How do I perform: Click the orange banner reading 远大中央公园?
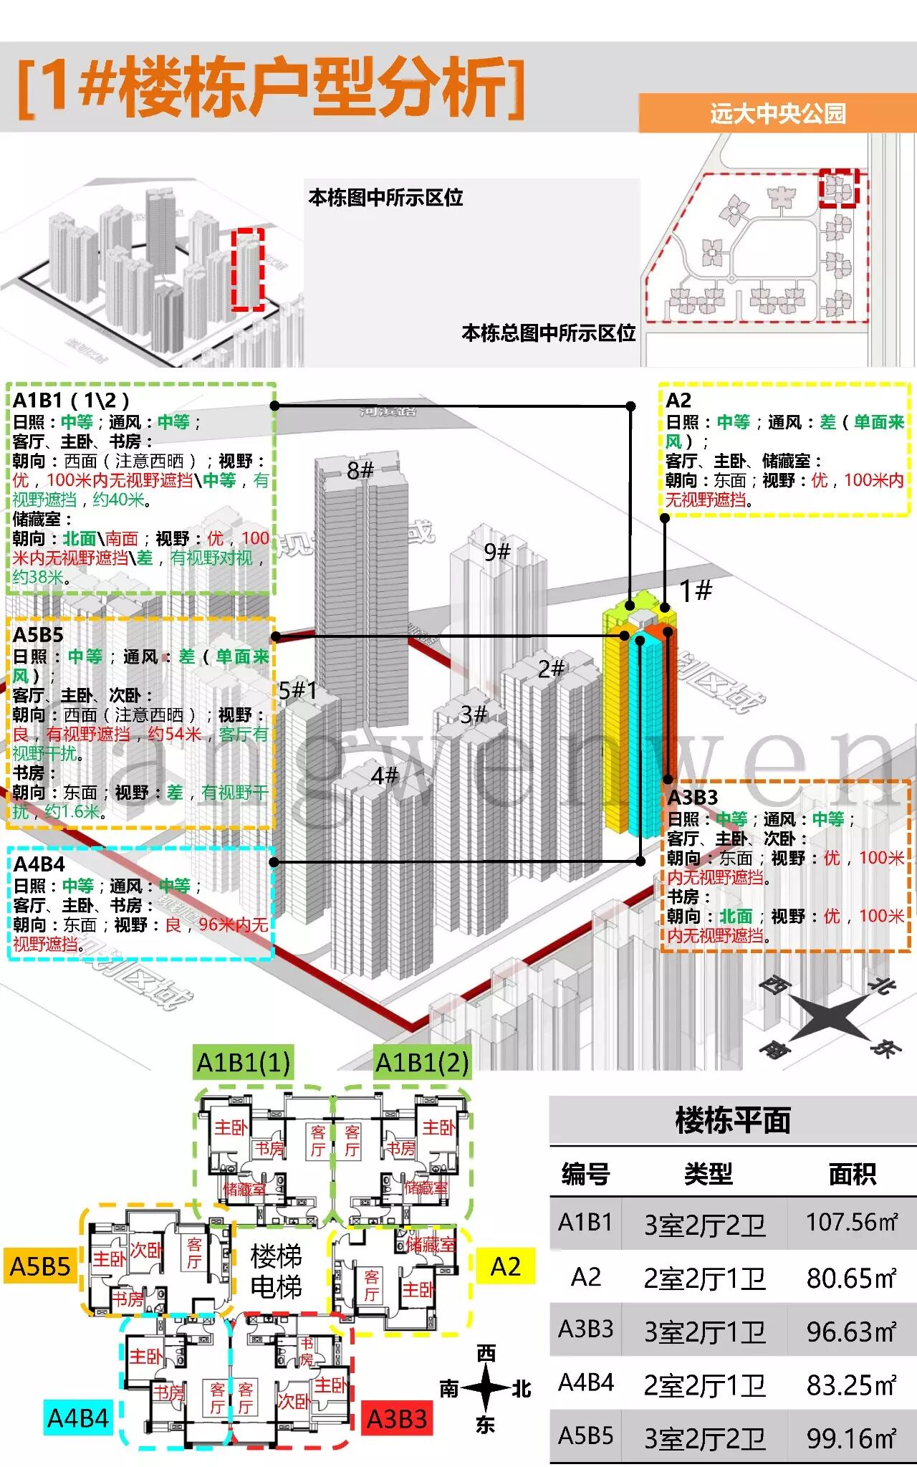click(777, 113)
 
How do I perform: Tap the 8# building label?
click(360, 470)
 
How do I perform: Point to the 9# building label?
click(496, 552)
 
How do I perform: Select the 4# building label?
click(384, 775)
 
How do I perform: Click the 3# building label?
click(474, 714)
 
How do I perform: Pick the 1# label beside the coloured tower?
click(695, 591)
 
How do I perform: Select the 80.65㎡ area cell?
click(851, 1277)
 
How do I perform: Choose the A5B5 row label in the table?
click(585, 1435)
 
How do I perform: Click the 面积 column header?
click(852, 1174)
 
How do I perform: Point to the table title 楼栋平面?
click(732, 1120)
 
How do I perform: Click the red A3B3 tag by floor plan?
click(397, 1418)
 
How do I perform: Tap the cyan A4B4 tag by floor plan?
click(77, 1418)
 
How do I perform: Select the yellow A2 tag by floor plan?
click(505, 1266)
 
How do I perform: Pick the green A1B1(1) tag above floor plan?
click(244, 1062)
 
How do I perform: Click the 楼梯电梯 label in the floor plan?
click(276, 1271)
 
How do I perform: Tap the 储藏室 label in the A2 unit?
click(431, 1243)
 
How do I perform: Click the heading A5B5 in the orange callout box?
click(39, 634)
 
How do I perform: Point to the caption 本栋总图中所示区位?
click(548, 333)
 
